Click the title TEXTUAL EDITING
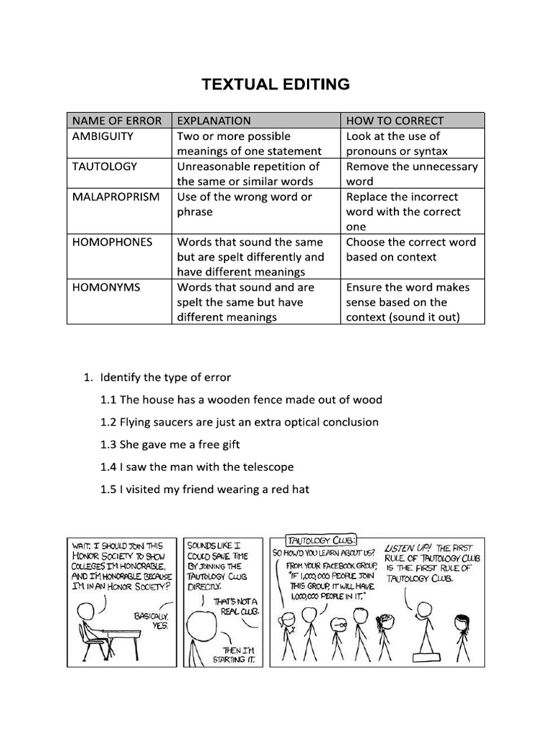pyautogui.click(x=275, y=85)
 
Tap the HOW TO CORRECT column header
pyautogui.click(x=395, y=121)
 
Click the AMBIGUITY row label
pyautogui.click(x=103, y=136)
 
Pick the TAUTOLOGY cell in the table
pyautogui.click(x=104, y=166)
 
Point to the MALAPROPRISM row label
pyautogui.click(x=116, y=196)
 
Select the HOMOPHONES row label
pyautogui.click(x=112, y=242)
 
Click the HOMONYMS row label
pyautogui.click(x=106, y=287)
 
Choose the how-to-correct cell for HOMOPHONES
pyautogui.click(x=410, y=249)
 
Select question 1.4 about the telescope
pyautogui.click(x=197, y=467)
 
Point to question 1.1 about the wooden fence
pyautogui.click(x=241, y=399)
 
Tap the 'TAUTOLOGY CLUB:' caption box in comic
pyautogui.click(x=311, y=540)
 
